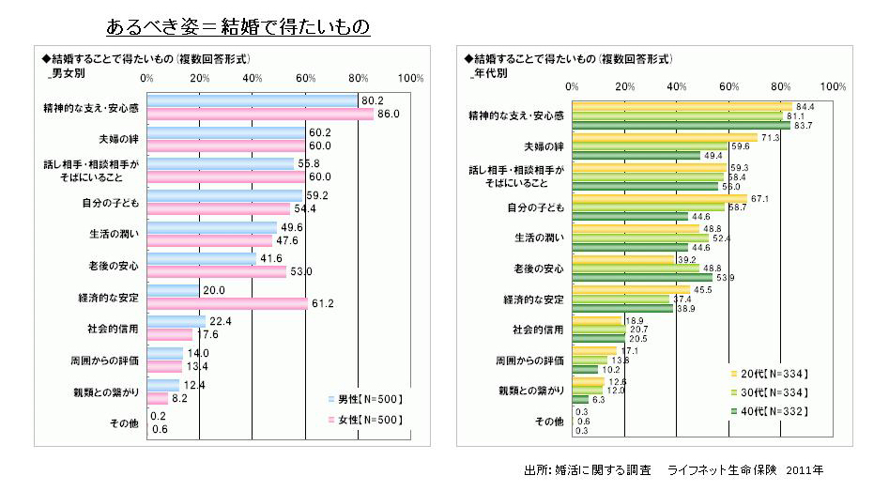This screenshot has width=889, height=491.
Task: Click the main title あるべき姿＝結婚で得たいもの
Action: pos(238,25)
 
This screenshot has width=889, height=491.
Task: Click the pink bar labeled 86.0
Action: pos(253,115)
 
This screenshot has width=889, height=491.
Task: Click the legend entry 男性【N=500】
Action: pos(367,399)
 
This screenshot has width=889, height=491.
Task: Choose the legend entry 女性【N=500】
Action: pos(367,419)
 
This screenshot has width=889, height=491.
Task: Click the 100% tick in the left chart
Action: pos(411,79)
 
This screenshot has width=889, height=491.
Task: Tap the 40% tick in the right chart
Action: pos(675,86)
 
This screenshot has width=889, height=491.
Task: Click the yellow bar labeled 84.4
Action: pos(680,106)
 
